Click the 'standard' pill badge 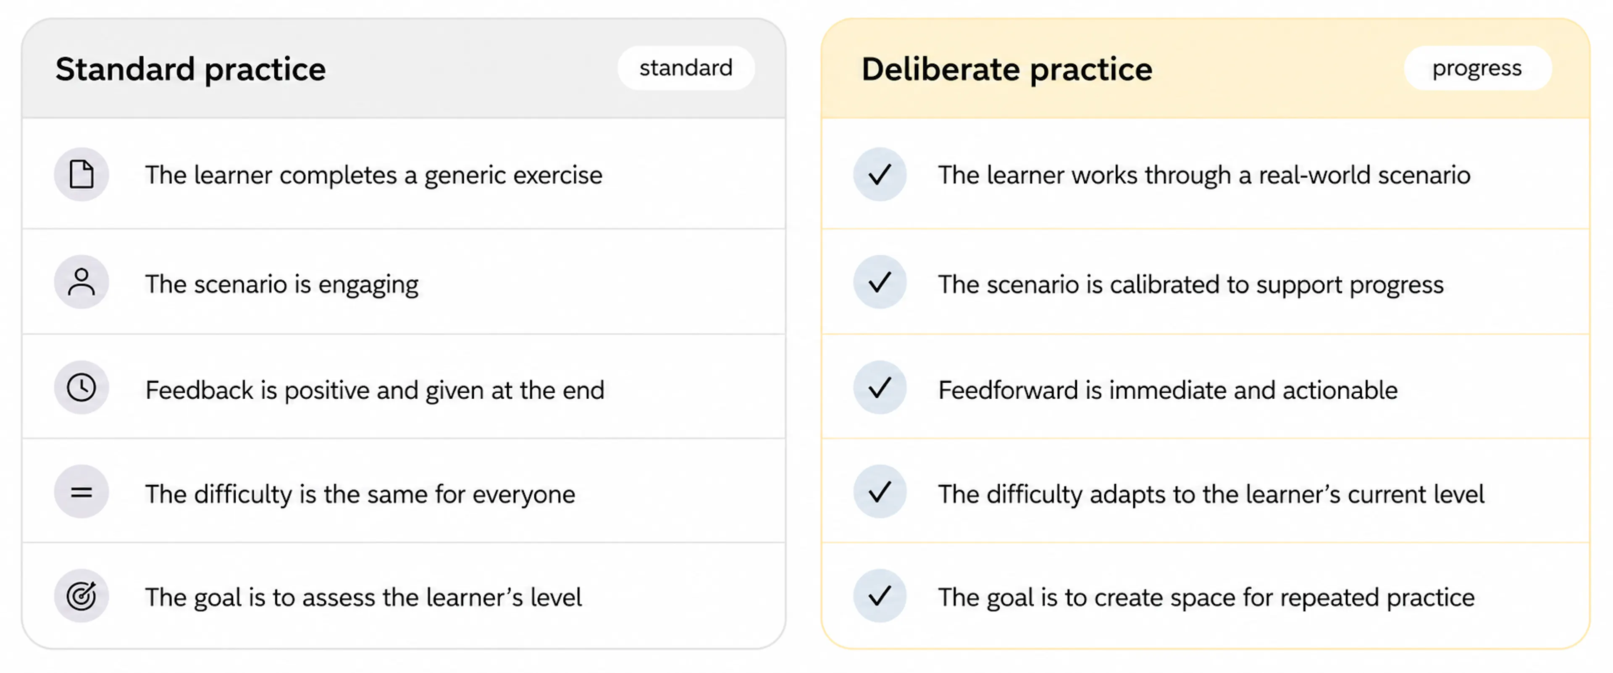click(x=686, y=68)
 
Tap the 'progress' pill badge click(x=1477, y=68)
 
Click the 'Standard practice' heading click(x=190, y=69)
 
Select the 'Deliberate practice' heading click(x=1007, y=69)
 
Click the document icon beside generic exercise click(x=81, y=174)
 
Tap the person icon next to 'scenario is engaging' click(x=81, y=282)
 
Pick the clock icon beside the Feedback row click(x=81, y=387)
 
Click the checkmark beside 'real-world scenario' click(x=880, y=174)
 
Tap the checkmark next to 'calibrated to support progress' click(x=880, y=282)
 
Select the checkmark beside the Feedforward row click(x=880, y=387)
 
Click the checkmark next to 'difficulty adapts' click(x=880, y=492)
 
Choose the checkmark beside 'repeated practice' click(x=880, y=595)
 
